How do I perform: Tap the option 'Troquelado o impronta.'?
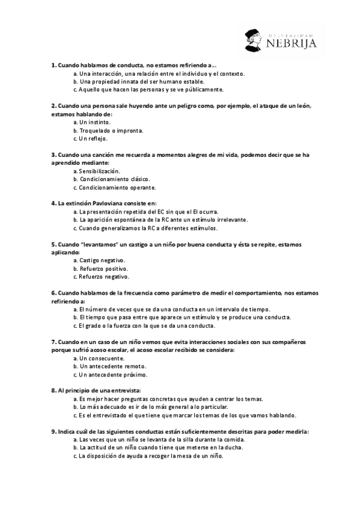(x=111, y=130)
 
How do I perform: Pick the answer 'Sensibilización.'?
(x=100, y=171)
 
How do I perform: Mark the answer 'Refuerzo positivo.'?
(x=104, y=269)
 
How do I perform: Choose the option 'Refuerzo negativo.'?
(x=104, y=277)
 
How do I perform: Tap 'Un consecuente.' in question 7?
(x=102, y=358)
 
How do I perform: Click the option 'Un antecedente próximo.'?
(x=114, y=374)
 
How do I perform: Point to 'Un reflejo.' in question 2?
(x=97, y=138)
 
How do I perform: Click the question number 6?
(x=53, y=293)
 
